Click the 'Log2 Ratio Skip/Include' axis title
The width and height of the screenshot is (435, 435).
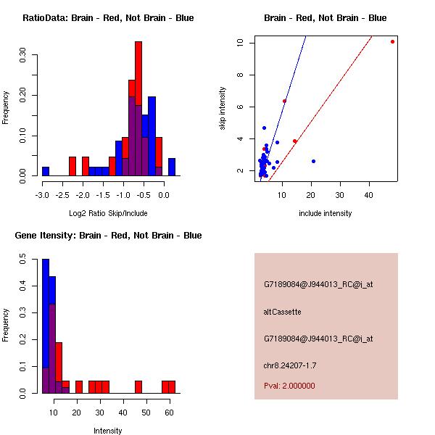[108, 213]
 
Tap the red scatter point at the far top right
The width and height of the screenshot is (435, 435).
[392, 41]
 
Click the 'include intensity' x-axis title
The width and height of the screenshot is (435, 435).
[326, 213]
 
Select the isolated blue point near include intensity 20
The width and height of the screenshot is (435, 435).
[313, 161]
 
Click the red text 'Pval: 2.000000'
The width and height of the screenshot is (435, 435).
[289, 386]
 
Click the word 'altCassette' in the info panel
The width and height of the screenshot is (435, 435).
[282, 312]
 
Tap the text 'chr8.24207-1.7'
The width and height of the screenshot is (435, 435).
[289, 365]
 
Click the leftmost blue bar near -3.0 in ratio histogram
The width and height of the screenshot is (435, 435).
[46, 171]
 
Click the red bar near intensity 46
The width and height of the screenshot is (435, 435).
[138, 386]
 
